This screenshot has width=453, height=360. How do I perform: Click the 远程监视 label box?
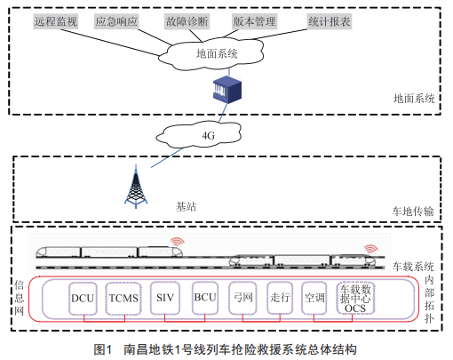(55, 21)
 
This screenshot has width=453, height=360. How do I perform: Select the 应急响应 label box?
(116, 21)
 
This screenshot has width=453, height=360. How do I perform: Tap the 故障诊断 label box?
(187, 21)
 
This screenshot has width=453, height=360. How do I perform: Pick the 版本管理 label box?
(254, 21)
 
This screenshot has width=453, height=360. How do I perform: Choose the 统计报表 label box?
(330, 21)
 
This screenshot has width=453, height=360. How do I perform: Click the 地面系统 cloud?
(211, 54)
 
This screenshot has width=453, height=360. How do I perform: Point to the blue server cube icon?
(227, 90)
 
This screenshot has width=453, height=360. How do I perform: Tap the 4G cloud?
(199, 134)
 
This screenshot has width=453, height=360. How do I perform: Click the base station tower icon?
(136, 187)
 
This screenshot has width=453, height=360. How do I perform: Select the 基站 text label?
(186, 206)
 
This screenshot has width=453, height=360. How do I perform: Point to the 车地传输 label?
(413, 212)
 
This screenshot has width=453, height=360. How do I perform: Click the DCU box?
(83, 298)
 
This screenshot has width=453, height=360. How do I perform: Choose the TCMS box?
(123, 298)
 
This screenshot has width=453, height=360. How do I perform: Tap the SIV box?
(165, 298)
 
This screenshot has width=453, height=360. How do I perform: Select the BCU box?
(205, 298)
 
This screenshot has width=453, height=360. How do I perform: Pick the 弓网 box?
(242, 298)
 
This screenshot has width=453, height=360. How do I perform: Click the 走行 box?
(280, 298)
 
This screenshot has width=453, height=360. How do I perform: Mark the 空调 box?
(314, 298)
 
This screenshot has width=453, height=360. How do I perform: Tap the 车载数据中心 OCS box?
(355, 298)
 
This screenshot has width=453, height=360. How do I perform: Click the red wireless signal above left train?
(178, 242)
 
